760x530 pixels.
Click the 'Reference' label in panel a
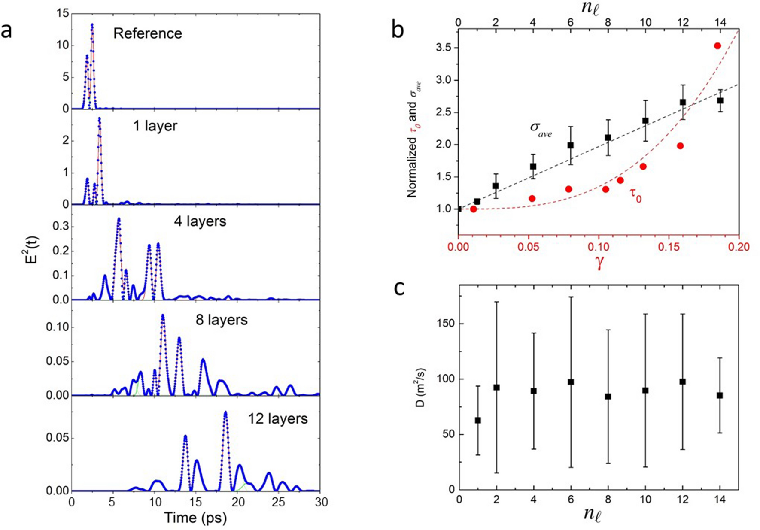pos(147,33)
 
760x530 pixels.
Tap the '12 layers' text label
pos(277,418)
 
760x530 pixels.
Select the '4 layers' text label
pos(200,221)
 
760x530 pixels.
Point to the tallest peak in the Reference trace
pos(92,25)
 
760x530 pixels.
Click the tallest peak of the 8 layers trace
pos(163,315)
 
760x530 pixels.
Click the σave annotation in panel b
pos(540,129)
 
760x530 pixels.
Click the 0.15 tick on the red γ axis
pos(669,247)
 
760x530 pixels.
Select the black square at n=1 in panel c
pos(478,420)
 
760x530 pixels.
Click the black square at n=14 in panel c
pos(720,395)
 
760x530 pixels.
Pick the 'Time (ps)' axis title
pos(195,518)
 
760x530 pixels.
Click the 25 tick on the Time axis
pos(279,501)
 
